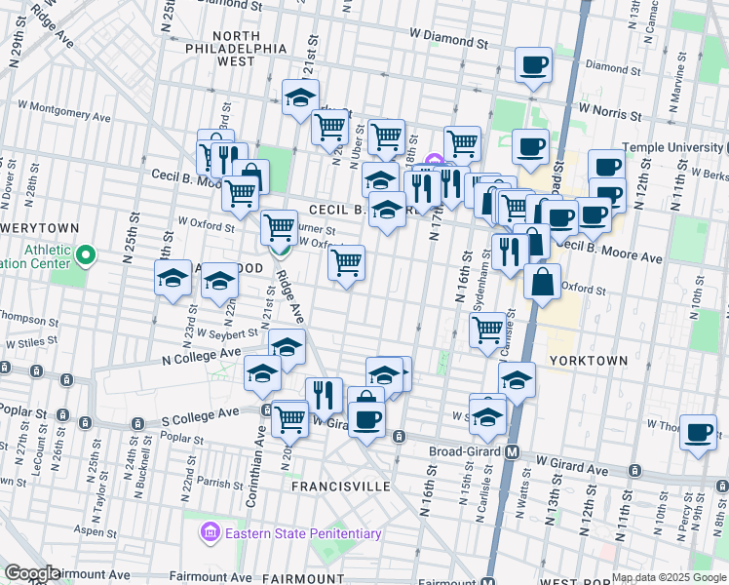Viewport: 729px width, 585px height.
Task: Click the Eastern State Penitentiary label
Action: [x=303, y=533]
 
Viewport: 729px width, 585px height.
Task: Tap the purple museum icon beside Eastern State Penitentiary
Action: [x=210, y=532]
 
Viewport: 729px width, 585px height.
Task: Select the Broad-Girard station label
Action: [x=466, y=452]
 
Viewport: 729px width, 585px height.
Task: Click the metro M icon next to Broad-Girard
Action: [x=513, y=452]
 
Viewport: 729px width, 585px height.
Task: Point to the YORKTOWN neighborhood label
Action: [x=589, y=360]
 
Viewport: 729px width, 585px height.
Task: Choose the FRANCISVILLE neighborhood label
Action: [x=340, y=486]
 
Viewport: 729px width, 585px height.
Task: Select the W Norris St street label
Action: [x=610, y=113]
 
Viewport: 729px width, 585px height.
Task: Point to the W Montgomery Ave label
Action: [x=60, y=108]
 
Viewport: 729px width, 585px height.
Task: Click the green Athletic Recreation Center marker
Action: [x=86, y=257]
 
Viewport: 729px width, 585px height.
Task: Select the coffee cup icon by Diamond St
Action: [x=532, y=65]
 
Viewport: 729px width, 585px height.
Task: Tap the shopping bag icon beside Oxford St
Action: [x=543, y=282]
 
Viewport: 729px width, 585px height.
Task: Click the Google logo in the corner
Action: [x=31, y=573]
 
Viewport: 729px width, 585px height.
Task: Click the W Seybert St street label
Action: [x=227, y=332]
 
